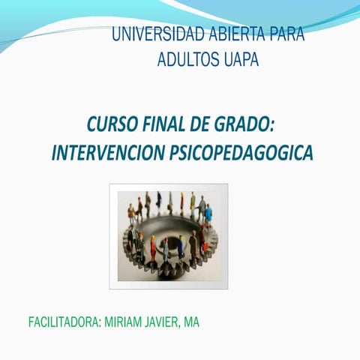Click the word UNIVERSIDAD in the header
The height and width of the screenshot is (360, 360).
point(147,35)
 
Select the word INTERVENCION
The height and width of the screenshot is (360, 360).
point(107,153)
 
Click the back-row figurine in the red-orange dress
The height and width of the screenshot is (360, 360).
point(159,201)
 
